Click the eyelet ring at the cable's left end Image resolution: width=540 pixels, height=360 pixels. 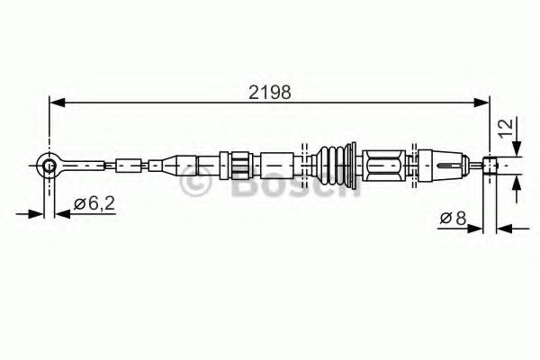coord(45,164)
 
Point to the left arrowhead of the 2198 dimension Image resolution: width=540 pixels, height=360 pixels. coord(54,103)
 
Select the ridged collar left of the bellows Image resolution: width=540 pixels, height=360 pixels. coord(240,166)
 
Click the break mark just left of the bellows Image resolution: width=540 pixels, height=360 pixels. coord(306,165)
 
